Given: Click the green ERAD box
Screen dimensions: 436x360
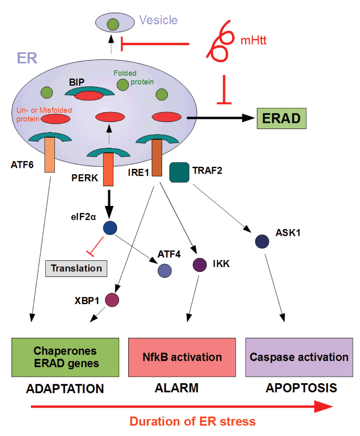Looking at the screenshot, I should pyautogui.click(x=281, y=118).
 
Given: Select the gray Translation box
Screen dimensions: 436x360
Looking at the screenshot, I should pyautogui.click(x=76, y=268).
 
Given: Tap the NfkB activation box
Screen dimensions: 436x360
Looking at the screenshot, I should pyautogui.click(x=182, y=357).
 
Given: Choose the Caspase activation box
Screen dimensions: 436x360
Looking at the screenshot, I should pyautogui.click(x=299, y=357).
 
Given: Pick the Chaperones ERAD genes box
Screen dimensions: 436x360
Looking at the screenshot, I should pyautogui.click(x=65, y=357).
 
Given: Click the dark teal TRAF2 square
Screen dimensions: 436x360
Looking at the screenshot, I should pyautogui.click(x=179, y=172).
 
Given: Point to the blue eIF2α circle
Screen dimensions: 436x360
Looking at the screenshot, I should pyautogui.click(x=110, y=228).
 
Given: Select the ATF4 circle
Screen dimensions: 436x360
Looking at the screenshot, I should pyautogui.click(x=165, y=271).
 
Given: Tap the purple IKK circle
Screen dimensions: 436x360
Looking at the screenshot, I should pyautogui.click(x=200, y=265).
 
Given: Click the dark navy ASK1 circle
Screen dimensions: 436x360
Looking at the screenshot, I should pyautogui.click(x=262, y=241).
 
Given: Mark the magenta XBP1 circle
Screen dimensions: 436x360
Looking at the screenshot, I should pyautogui.click(x=112, y=299).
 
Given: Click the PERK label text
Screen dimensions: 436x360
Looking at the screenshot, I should pyautogui.click(x=85, y=177).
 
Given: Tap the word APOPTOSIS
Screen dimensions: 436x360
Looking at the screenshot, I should pyautogui.click(x=301, y=388).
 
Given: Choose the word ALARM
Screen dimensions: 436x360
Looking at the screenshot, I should pyautogui.click(x=176, y=388).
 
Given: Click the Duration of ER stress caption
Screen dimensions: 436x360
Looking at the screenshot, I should pyautogui.click(x=193, y=421).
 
